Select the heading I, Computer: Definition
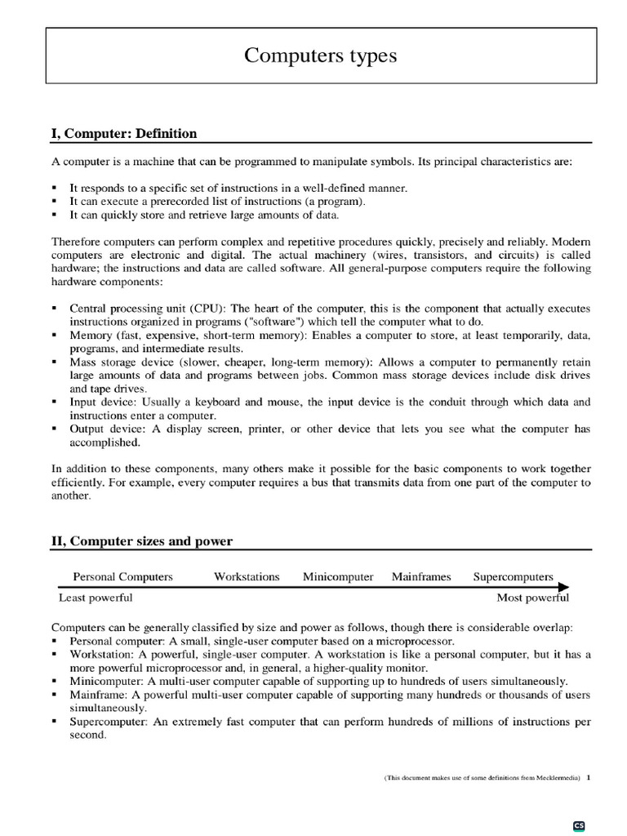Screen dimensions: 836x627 pyautogui.click(x=124, y=133)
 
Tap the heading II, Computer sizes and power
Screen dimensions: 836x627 pyautogui.click(x=142, y=540)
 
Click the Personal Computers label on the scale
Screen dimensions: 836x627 pyautogui.click(x=123, y=576)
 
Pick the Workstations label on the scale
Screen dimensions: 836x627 pyautogui.click(x=247, y=576)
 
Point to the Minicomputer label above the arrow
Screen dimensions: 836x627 pyautogui.click(x=338, y=576)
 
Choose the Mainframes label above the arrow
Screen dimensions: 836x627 pyautogui.click(x=421, y=576)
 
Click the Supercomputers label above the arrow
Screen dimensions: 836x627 pyautogui.click(x=513, y=576)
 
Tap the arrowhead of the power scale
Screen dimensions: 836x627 pyautogui.click(x=564, y=587)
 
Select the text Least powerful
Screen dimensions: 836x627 pyautogui.click(x=96, y=598)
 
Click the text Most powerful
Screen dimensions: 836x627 pyautogui.click(x=533, y=598)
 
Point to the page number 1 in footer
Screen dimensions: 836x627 pyautogui.click(x=588, y=778)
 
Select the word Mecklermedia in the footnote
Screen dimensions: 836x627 pyautogui.click(x=554, y=779)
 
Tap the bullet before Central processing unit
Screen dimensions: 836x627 pyautogui.click(x=55, y=309)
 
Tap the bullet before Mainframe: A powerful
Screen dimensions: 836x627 pyautogui.click(x=55, y=695)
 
